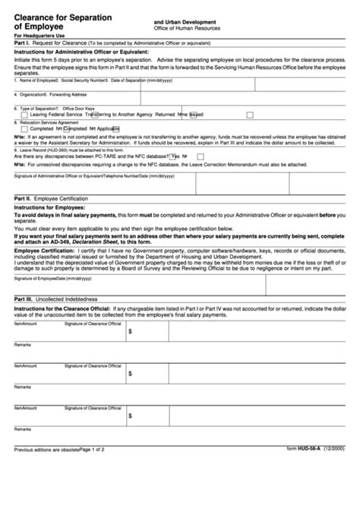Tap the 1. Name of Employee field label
(33, 79)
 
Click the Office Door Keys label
(79, 109)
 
